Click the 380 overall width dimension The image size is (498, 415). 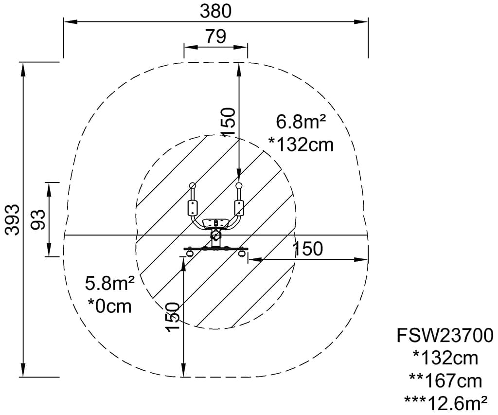[x=215, y=11]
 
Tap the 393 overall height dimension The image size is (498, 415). [x=13, y=219]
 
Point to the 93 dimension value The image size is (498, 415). [x=38, y=219]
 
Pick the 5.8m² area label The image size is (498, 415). [x=109, y=284]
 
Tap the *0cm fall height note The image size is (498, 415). [x=109, y=307]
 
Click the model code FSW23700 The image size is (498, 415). [x=445, y=335]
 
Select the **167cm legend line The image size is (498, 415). [x=445, y=381]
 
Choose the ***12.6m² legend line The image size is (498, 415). [x=445, y=403]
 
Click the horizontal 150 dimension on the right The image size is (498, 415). [x=307, y=249]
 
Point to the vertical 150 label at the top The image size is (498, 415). [x=228, y=122]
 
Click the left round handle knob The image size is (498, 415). [x=192, y=185]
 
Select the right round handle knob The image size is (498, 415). [x=239, y=185]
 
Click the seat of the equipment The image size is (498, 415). [x=216, y=223]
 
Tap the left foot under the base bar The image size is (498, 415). [x=190, y=253]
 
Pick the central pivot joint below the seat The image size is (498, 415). [x=216, y=235]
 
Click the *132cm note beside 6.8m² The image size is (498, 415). [x=301, y=145]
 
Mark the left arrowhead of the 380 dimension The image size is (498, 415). [x=71, y=21]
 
